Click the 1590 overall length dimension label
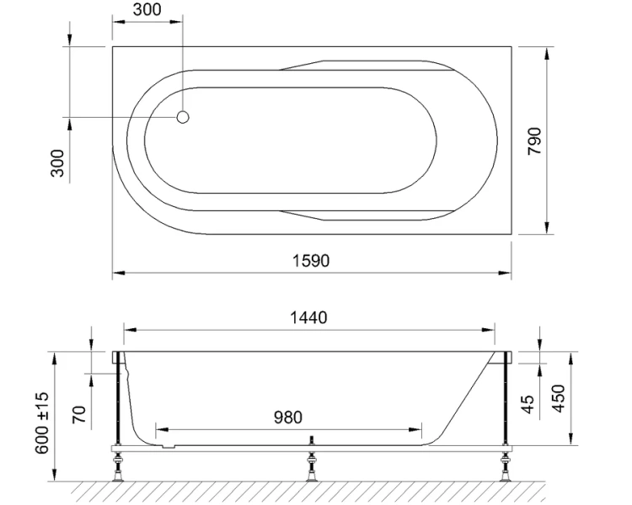tap(311, 260)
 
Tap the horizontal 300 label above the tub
tap(147, 11)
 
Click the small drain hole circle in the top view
tap(184, 118)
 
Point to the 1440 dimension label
tap(308, 317)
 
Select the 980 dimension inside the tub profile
tap(288, 417)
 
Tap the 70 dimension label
tap(80, 414)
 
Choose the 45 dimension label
tap(529, 405)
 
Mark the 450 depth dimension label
tap(557, 398)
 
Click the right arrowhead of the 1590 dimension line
tap(508, 274)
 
